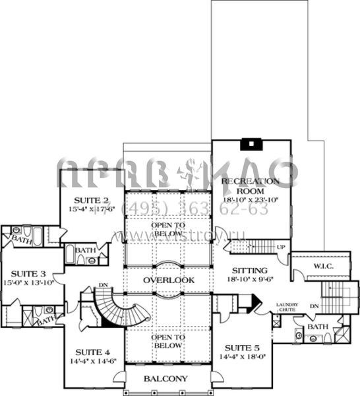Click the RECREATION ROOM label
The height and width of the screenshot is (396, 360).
[x=250, y=185]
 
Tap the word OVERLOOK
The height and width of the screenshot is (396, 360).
[x=169, y=280]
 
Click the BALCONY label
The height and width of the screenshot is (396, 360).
[x=165, y=379]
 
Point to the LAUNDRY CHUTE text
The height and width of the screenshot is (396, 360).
[x=287, y=307]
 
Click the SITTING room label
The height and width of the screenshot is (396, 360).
[x=249, y=271]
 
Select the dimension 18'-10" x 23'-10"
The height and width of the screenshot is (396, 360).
[x=250, y=199]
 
